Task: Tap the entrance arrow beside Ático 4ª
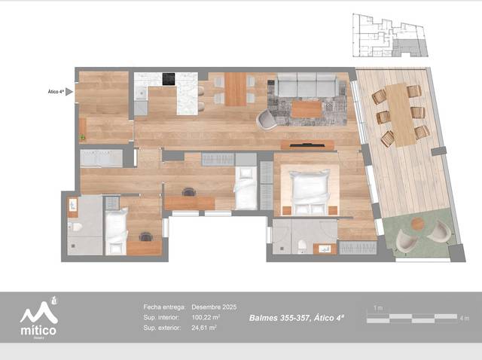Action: coord(69,92)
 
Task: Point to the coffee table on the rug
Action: coord(306,110)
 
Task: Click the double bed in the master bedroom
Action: coord(310,191)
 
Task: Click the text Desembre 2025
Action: coord(214,307)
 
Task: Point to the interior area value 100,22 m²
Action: coord(205,318)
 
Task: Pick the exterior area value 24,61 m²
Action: coord(204,328)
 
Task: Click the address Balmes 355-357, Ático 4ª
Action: coord(297,318)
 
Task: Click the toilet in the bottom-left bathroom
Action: coord(74,228)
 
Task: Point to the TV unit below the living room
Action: coord(307,145)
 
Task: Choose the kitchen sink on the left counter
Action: coord(140,94)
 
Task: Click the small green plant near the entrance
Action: coord(82,137)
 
